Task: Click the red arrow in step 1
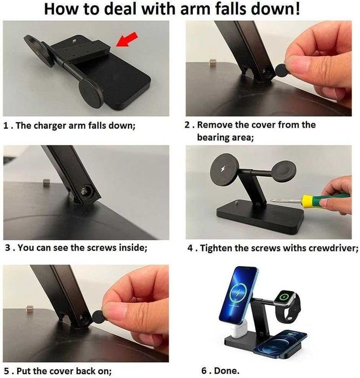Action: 127,39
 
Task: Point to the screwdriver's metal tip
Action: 272,200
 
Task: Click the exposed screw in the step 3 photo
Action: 84,191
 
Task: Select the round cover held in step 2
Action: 282,70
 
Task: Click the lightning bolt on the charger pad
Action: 223,169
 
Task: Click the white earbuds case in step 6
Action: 238,329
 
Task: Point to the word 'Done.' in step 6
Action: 226,370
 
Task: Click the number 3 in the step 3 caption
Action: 8,248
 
